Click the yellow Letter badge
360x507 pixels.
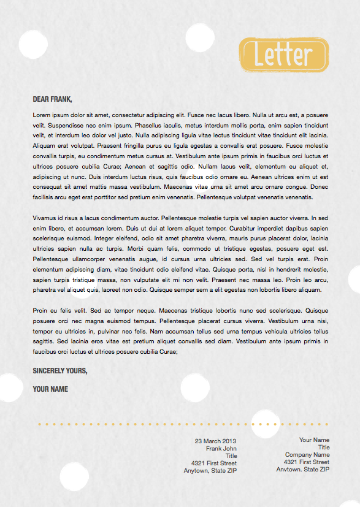[x=283, y=55]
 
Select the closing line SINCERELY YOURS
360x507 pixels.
[x=60, y=371]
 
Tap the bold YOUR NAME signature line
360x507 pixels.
[x=50, y=389]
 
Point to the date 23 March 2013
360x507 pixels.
[x=215, y=441]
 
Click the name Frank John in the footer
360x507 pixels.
[x=221, y=448]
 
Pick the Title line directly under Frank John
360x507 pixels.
[x=231, y=456]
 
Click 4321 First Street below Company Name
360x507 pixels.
[x=306, y=462]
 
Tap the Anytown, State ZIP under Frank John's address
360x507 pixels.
[x=210, y=471]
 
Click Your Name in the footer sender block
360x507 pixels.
[x=314, y=440]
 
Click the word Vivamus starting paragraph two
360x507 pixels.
[x=45, y=218]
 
